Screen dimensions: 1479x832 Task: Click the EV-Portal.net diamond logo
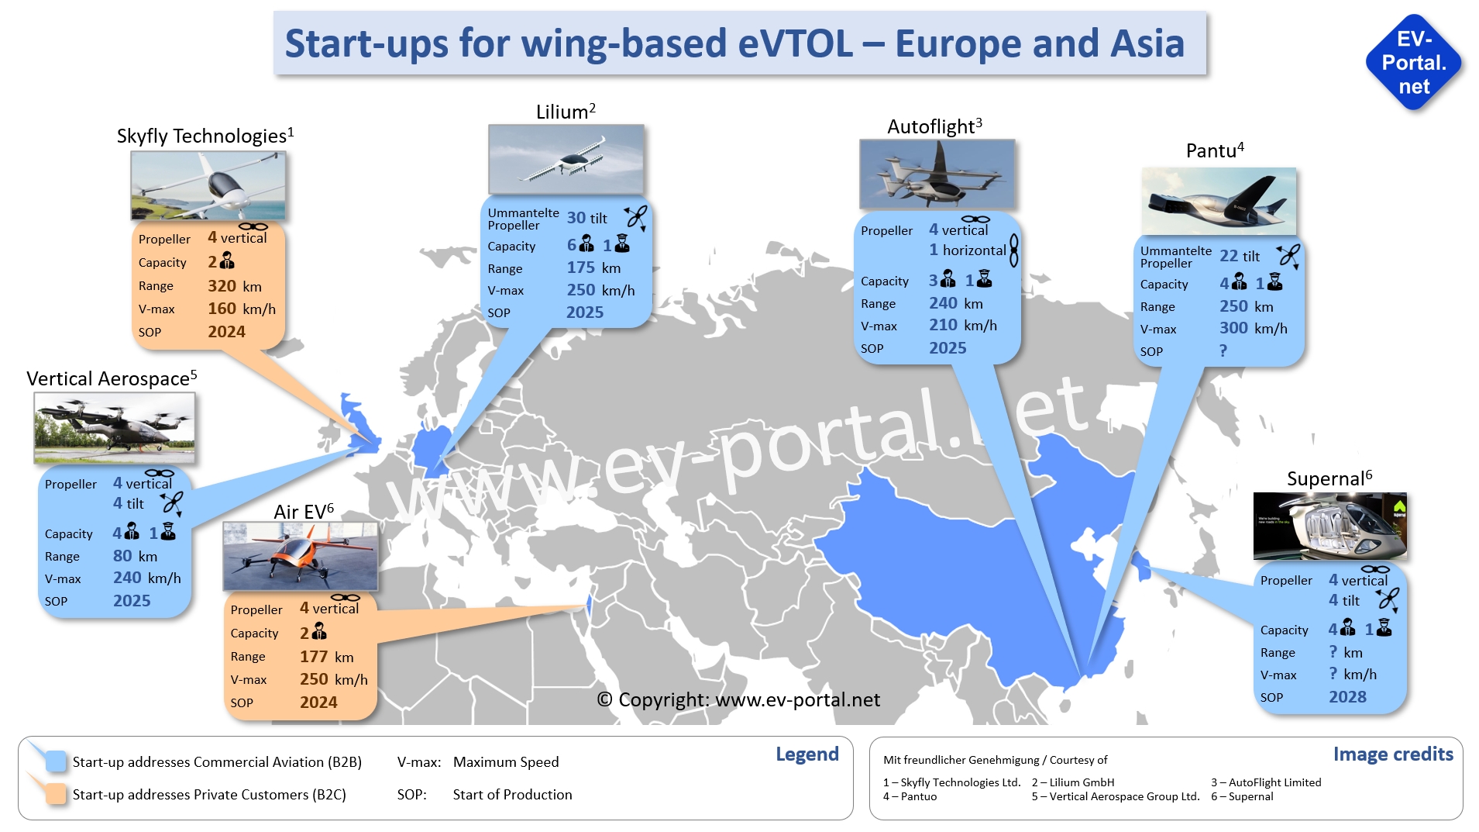point(1413,63)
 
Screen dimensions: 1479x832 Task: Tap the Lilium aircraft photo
point(566,159)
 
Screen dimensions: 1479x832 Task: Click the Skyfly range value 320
point(222,286)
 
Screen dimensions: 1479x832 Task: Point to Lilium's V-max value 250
point(581,290)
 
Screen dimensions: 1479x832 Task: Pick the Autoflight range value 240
point(944,303)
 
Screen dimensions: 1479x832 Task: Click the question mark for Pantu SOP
point(1223,350)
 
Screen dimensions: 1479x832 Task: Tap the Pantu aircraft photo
point(1219,201)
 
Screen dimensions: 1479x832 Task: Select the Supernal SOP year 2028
point(1347,697)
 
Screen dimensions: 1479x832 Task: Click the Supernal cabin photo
point(1330,526)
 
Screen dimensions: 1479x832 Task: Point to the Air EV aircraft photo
point(301,556)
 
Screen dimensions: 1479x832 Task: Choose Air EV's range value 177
point(314,657)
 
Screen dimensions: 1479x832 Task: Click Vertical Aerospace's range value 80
point(122,556)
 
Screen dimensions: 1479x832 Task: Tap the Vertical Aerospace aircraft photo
point(115,428)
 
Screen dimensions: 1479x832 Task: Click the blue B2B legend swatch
point(56,761)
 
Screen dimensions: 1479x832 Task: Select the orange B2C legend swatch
point(56,794)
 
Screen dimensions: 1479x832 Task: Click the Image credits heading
point(1393,754)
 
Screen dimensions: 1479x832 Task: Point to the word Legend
point(807,754)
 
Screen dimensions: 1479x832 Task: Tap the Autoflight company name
point(934,126)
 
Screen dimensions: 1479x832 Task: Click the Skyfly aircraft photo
point(208,186)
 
